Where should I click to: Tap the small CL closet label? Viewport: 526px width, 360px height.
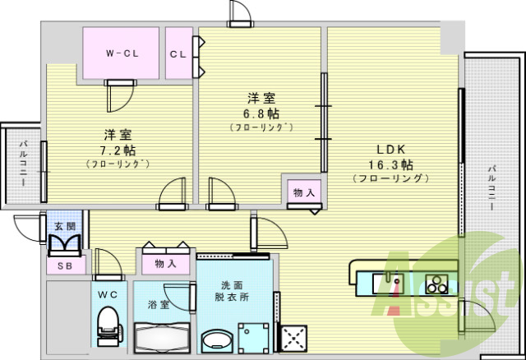(x=178, y=54)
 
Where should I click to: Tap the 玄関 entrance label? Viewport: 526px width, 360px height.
(x=64, y=226)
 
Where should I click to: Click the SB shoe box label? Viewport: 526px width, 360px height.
(x=63, y=266)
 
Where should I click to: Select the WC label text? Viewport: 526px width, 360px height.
(x=108, y=293)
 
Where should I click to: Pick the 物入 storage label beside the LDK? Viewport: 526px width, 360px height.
(x=302, y=192)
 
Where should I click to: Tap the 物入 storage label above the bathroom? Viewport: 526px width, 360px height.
(x=165, y=264)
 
